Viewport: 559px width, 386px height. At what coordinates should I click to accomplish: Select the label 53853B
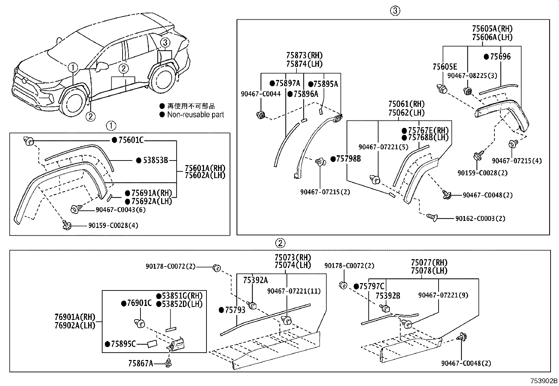tap(155, 161)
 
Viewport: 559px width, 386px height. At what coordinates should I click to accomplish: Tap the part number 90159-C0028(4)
tap(113, 225)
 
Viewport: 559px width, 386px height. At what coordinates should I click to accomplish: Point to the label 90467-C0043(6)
tap(120, 210)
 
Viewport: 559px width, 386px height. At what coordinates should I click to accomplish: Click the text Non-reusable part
tap(195, 115)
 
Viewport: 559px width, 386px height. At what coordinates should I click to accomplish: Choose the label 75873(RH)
tap(304, 55)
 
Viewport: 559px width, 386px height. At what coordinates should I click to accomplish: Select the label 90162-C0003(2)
tap(480, 218)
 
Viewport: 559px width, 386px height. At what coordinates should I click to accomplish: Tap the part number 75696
tap(500, 57)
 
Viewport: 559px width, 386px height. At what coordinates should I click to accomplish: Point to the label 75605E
tap(445, 67)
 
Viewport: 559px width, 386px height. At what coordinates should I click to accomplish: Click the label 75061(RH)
tap(406, 104)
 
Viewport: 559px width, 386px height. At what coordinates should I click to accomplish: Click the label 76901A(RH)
tap(75, 317)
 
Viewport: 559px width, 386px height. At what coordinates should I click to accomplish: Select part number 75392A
tap(255, 280)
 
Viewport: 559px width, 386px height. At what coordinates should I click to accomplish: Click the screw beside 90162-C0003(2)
tap(432, 218)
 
